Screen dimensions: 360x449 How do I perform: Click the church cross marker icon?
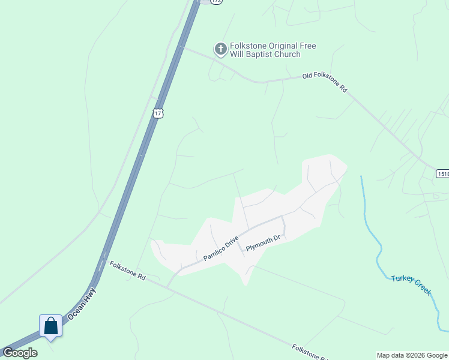coord(221,49)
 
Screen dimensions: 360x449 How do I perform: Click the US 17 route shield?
coord(158,113)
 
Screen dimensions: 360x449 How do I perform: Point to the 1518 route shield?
coord(442,173)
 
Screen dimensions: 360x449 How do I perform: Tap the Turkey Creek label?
coord(412,284)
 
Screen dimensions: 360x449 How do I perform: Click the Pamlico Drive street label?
coord(221,248)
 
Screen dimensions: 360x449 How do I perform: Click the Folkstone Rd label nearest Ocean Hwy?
coord(127,272)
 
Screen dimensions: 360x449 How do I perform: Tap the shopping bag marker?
coord(51,326)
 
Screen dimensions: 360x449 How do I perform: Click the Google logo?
coord(19,353)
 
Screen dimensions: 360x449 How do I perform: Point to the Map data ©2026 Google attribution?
coord(412,355)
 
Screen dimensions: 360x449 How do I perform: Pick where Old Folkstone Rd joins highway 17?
coord(181,47)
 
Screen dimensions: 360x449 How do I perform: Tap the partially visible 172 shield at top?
coord(216,2)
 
